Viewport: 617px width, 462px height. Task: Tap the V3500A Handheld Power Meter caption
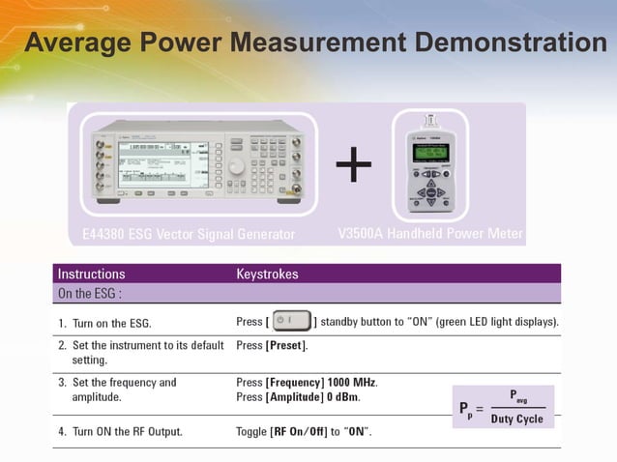click(430, 234)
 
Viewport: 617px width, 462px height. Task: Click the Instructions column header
click(91, 274)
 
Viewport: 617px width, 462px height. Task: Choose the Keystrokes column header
click(267, 274)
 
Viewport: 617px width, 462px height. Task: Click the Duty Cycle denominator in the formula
click(516, 419)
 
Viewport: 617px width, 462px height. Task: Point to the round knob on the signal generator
click(236, 166)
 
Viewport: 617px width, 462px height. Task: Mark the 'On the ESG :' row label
click(89, 293)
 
